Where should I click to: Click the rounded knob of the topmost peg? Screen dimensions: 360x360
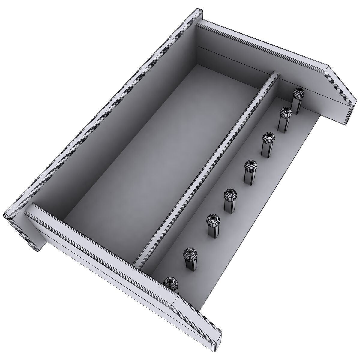[299, 93]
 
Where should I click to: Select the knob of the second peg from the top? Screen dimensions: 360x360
[286, 112]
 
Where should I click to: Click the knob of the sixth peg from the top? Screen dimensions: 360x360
[213, 220]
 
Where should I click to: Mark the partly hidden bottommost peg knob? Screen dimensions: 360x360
[170, 282]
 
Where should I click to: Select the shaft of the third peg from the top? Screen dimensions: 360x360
[266, 149]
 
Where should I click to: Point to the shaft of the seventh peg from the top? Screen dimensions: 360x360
[190, 264]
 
